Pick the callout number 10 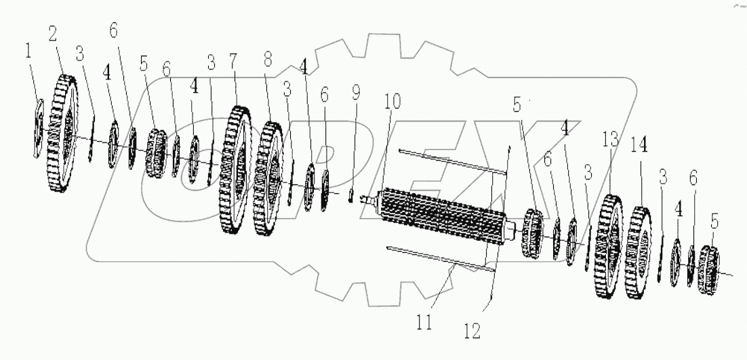(392, 102)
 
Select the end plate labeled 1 (38, 128)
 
